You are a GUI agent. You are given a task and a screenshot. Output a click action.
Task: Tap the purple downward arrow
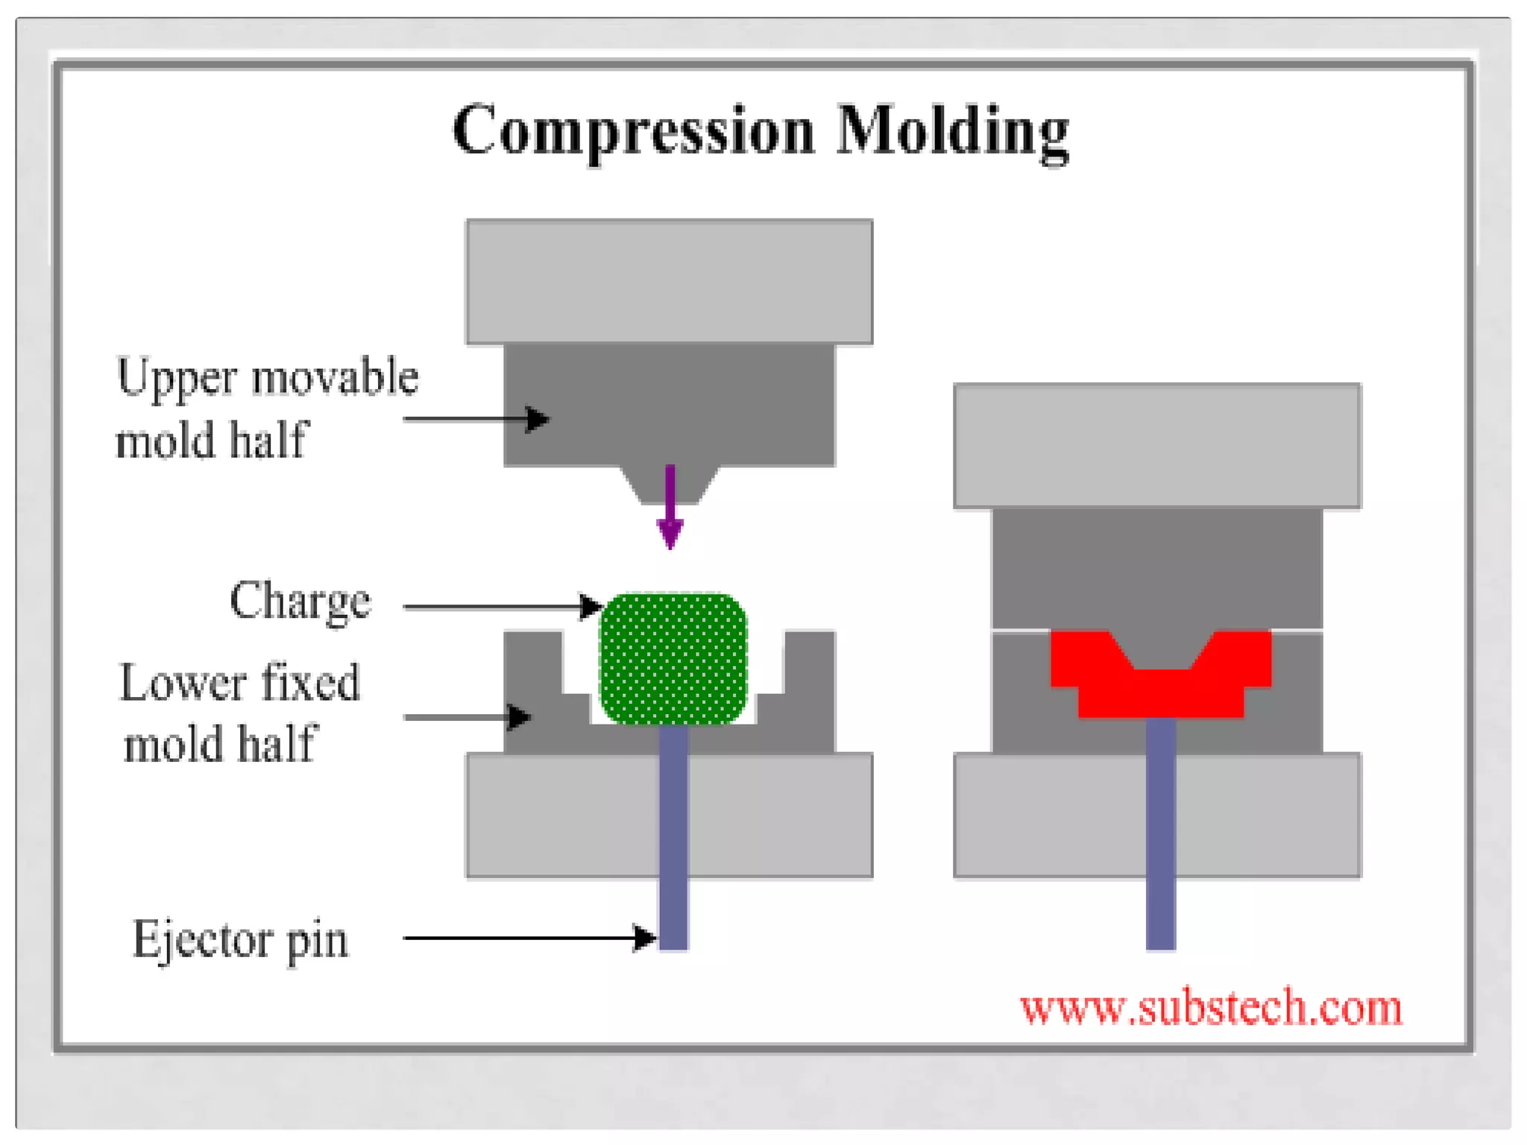(670, 507)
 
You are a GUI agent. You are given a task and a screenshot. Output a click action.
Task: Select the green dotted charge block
(673, 659)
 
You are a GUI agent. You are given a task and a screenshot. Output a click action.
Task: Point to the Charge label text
(300, 601)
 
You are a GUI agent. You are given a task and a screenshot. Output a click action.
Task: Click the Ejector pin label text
(240, 939)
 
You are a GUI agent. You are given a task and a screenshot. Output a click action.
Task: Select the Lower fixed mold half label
(239, 713)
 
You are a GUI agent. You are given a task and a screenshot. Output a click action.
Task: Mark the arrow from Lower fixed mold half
(467, 717)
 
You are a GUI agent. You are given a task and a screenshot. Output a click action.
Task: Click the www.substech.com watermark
(1210, 1008)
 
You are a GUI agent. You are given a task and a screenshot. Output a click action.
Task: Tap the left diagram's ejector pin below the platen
(673, 914)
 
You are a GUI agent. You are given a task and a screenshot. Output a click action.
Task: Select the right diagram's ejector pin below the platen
(1160, 914)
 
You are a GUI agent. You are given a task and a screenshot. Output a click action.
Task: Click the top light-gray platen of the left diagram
(669, 281)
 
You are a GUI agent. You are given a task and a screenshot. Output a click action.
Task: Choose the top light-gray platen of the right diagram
(1157, 445)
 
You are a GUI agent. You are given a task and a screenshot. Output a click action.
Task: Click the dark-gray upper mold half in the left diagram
(669, 405)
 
